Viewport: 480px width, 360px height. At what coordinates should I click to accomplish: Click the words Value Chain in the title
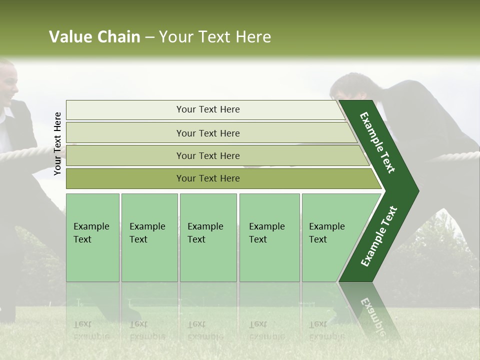point(94,37)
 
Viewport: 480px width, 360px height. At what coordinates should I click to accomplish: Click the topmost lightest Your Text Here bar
point(207,109)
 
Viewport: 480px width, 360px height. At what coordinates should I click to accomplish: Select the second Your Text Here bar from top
point(207,133)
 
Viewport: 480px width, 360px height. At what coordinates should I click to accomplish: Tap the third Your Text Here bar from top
point(207,155)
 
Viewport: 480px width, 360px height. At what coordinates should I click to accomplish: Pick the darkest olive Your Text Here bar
point(207,178)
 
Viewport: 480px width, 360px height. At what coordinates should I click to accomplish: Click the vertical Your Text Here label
point(57,143)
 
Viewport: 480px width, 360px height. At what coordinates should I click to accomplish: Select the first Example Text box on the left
point(92,237)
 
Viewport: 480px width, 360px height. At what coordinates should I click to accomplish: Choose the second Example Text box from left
point(149,237)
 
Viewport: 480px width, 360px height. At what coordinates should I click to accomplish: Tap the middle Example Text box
point(208,237)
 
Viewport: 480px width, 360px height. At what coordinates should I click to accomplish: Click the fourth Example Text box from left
point(269,237)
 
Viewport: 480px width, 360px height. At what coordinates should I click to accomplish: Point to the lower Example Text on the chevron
point(379,236)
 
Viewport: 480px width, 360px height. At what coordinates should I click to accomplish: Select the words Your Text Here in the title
point(215,37)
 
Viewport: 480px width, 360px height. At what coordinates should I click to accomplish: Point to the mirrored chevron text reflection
point(372,312)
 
